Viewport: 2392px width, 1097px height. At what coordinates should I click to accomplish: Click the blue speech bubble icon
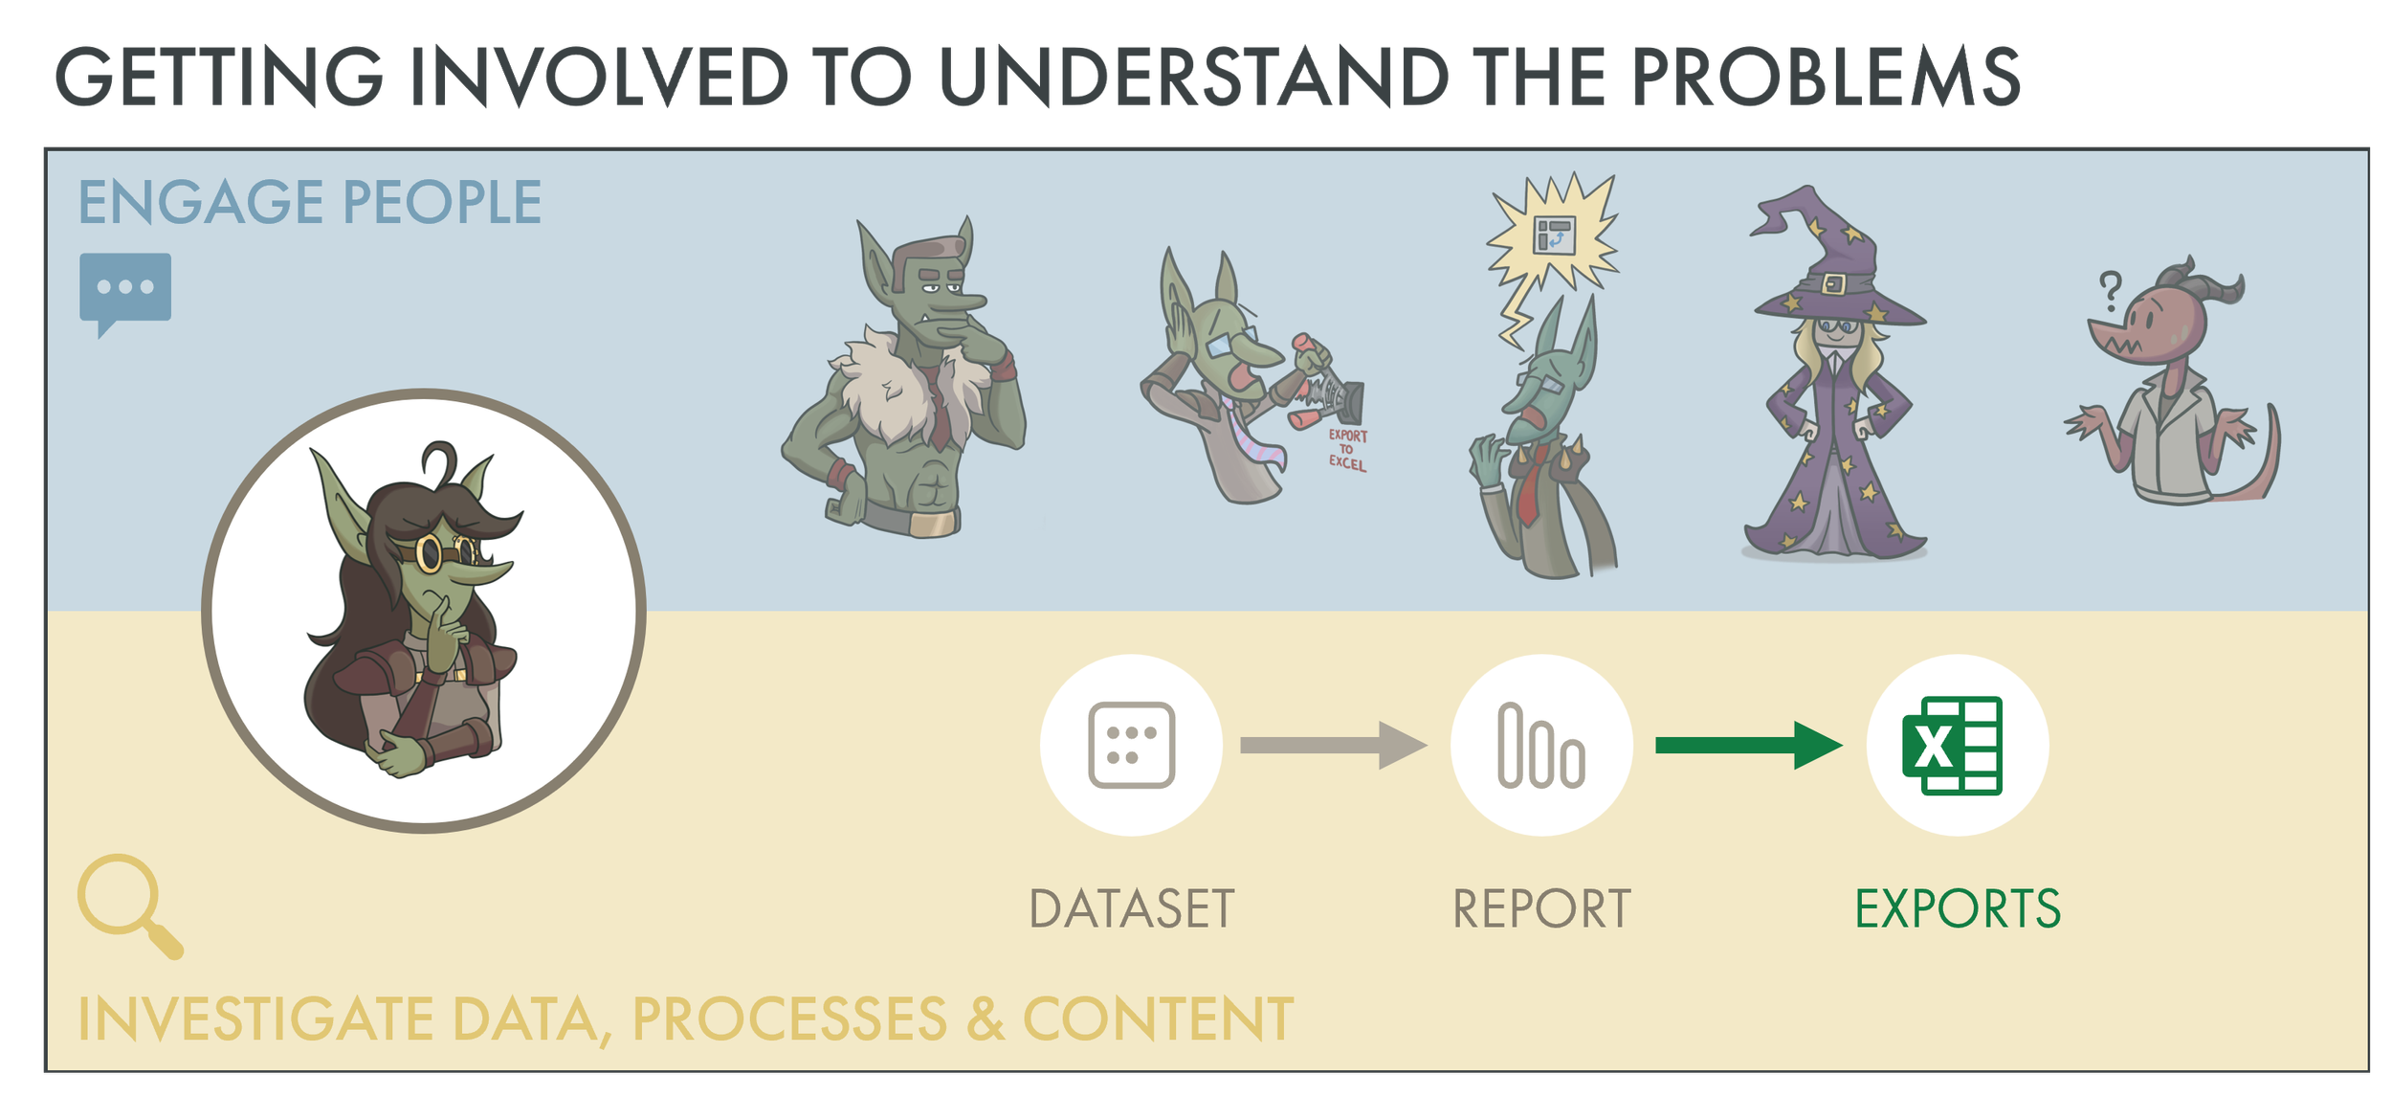(125, 288)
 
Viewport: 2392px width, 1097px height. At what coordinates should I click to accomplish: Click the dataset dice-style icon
(1131, 745)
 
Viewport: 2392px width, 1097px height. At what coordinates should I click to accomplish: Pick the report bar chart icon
(1540, 745)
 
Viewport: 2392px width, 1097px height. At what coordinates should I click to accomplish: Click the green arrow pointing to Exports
(1747, 745)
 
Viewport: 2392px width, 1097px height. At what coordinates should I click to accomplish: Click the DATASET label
(1131, 908)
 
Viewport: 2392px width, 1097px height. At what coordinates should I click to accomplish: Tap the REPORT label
(1541, 908)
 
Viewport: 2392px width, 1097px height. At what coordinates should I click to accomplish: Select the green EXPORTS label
(1958, 908)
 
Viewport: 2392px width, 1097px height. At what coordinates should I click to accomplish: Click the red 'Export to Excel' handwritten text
(1347, 450)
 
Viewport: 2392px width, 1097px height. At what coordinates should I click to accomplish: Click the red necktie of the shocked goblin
(1529, 488)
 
